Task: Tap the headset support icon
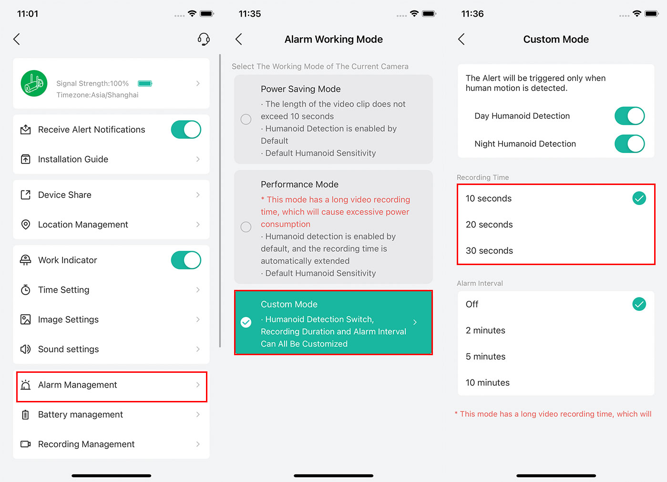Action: click(204, 39)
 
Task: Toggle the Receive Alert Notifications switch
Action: click(186, 130)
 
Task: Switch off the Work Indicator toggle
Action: click(186, 260)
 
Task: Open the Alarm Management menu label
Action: click(77, 385)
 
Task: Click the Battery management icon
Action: click(26, 414)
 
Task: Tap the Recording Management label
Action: click(86, 444)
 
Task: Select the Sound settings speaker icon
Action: click(26, 349)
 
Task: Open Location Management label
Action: click(83, 224)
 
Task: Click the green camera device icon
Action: click(34, 83)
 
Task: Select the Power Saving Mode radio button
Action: click(246, 119)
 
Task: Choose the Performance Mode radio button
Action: click(246, 227)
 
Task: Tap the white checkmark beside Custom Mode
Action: click(246, 322)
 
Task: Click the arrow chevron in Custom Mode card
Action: click(415, 322)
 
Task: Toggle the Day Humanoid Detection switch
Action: click(629, 116)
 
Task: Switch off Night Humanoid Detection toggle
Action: click(629, 144)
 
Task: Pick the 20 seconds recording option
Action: click(489, 225)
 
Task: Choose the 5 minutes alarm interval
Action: click(486, 356)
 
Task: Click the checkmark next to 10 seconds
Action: click(639, 198)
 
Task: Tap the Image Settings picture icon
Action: click(26, 319)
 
